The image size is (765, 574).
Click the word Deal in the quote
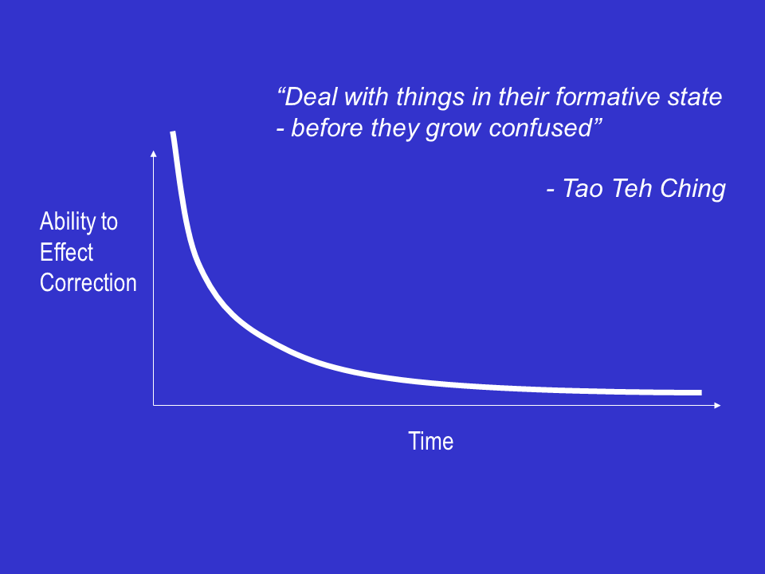point(311,96)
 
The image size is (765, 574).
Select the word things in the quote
point(430,97)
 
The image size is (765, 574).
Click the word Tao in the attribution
point(583,188)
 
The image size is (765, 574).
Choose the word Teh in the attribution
point(631,188)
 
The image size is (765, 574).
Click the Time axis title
point(431,441)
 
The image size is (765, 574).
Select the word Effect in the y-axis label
point(66,253)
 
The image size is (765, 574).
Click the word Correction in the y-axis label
point(88,282)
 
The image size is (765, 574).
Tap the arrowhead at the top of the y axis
point(154,153)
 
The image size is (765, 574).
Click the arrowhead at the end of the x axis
point(718,405)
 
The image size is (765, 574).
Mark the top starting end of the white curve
point(173,132)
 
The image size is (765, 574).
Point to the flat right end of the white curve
point(701,392)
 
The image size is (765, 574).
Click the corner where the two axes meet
point(154,405)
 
